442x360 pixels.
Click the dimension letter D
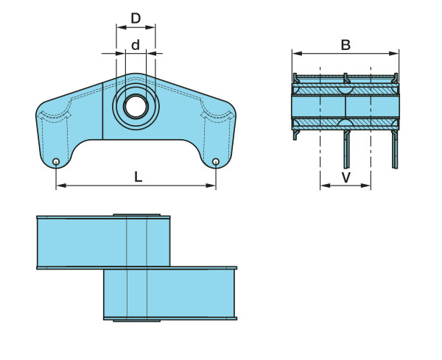(136, 18)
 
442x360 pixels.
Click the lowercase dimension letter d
(136, 45)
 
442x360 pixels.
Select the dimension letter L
(138, 177)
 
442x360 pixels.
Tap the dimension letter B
(345, 45)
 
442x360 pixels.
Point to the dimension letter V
(346, 177)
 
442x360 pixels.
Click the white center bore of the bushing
(136, 107)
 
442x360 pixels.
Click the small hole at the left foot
(56, 162)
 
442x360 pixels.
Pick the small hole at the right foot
(216, 162)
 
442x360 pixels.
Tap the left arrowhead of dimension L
(61, 186)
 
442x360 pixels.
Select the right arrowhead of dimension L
(211, 186)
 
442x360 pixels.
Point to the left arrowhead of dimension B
(297, 54)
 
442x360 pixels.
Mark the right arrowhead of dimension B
(394, 54)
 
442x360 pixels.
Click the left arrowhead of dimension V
(326, 186)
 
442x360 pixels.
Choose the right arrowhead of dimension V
(366, 186)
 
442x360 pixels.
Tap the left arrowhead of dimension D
(122, 27)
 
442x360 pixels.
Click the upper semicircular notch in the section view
(345, 90)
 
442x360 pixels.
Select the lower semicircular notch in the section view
(345, 122)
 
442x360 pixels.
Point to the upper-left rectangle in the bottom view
(103, 242)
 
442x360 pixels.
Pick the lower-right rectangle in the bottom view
(170, 293)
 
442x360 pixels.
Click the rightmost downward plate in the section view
(395, 149)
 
